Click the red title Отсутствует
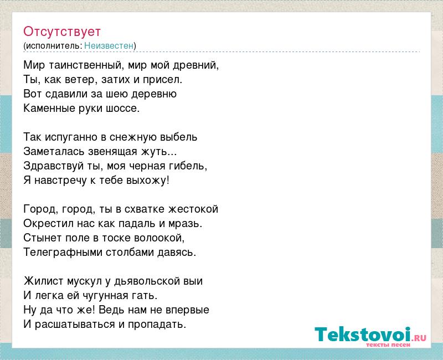(62, 32)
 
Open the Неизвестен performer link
(109, 45)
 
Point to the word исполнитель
(54, 46)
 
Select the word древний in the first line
(196, 65)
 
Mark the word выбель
(179, 137)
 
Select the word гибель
(188, 166)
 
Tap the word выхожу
(147, 181)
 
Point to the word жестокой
(193, 209)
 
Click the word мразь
(186, 224)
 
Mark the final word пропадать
(157, 325)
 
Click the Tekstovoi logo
(370, 336)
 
